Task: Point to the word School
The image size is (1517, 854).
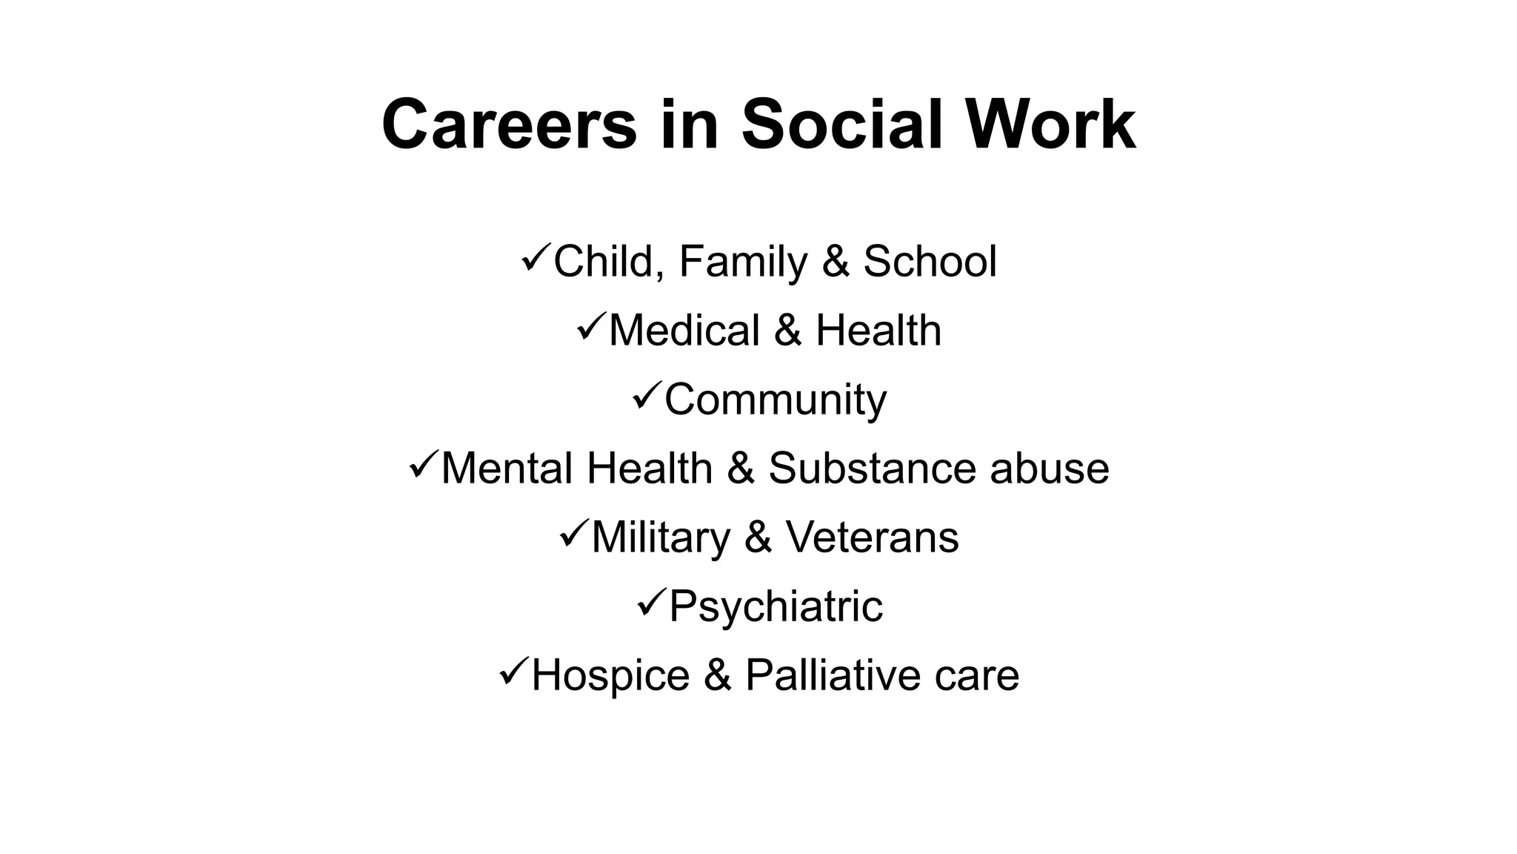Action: pyautogui.click(x=930, y=262)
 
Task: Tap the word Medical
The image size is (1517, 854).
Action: pyautogui.click(x=684, y=331)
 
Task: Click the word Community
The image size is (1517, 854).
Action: pyautogui.click(x=775, y=400)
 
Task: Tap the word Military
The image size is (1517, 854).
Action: pyautogui.click(x=661, y=538)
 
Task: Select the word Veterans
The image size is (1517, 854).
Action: pyautogui.click(x=872, y=537)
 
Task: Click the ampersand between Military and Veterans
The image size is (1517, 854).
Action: pyautogui.click(x=758, y=537)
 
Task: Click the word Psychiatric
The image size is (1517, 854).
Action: pyautogui.click(x=776, y=607)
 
